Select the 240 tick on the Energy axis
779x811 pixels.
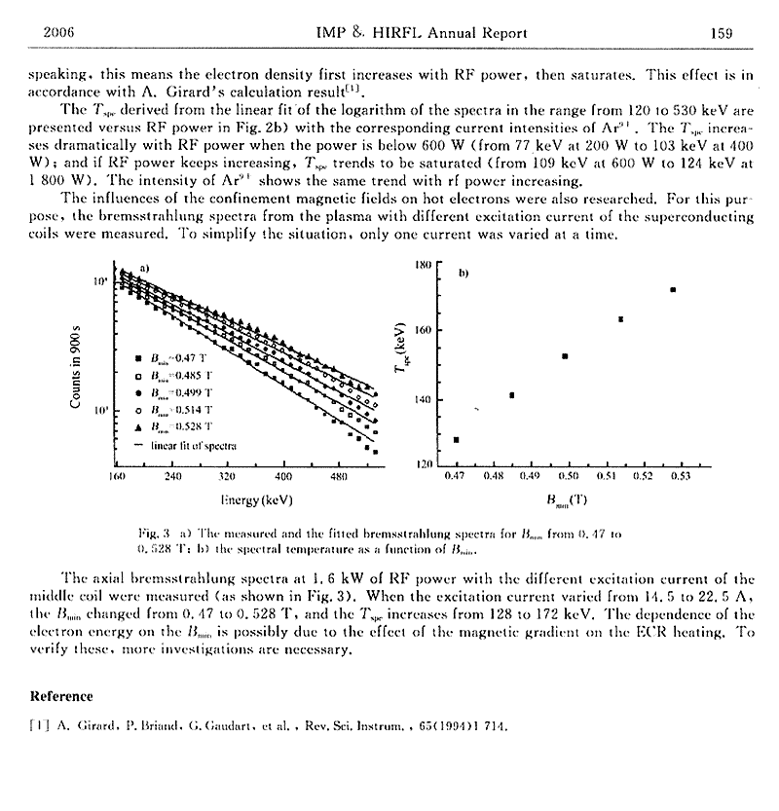coord(172,477)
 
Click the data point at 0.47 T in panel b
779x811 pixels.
coord(457,440)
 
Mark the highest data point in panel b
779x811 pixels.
coord(673,289)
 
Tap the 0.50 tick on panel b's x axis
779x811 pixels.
coord(568,477)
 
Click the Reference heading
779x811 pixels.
coord(61,696)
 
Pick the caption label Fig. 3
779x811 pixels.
coord(155,534)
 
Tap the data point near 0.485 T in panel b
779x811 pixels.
coord(512,395)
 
